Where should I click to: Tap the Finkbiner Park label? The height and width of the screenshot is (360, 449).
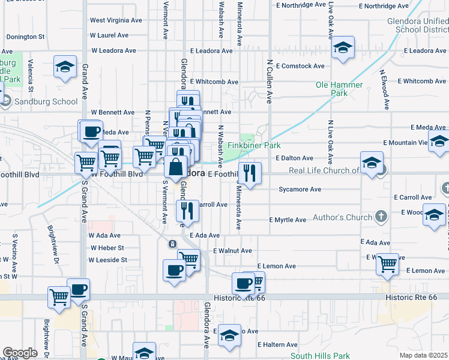point(255,145)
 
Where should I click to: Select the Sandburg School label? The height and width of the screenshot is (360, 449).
point(46,101)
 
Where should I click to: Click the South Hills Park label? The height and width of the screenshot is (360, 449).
point(320,356)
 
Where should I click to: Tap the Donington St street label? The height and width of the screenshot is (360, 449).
point(25,37)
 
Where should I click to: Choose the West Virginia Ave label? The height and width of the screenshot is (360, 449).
point(116,20)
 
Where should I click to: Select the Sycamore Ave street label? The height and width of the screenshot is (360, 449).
point(300,189)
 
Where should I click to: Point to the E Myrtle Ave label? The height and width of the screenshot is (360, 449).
point(288,220)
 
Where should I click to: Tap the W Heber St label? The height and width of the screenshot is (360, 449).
point(106,248)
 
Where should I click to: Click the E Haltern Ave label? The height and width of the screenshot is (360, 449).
point(277,345)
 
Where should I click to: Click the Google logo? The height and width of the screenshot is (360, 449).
point(20,353)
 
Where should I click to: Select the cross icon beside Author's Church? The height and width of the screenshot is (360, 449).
point(380,216)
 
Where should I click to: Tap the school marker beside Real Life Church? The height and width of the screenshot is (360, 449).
point(372,163)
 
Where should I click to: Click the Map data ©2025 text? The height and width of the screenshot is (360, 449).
point(423,355)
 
